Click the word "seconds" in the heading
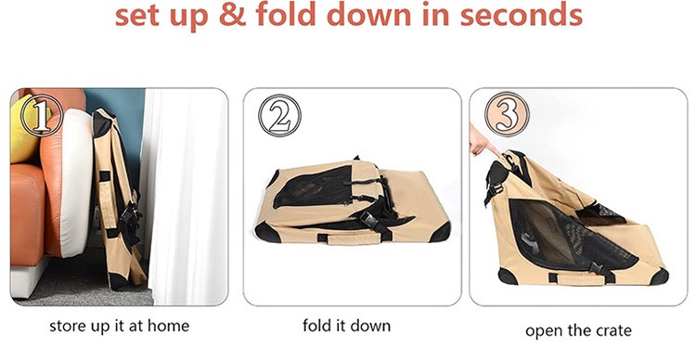(521, 14)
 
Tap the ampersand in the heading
(232, 15)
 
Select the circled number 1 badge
(42, 115)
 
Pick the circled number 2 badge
(279, 115)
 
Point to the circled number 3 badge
(507, 114)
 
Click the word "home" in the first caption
(168, 327)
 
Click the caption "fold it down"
(347, 326)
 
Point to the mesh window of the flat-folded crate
(314, 186)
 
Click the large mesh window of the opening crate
(569, 237)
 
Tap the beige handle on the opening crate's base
(576, 279)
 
